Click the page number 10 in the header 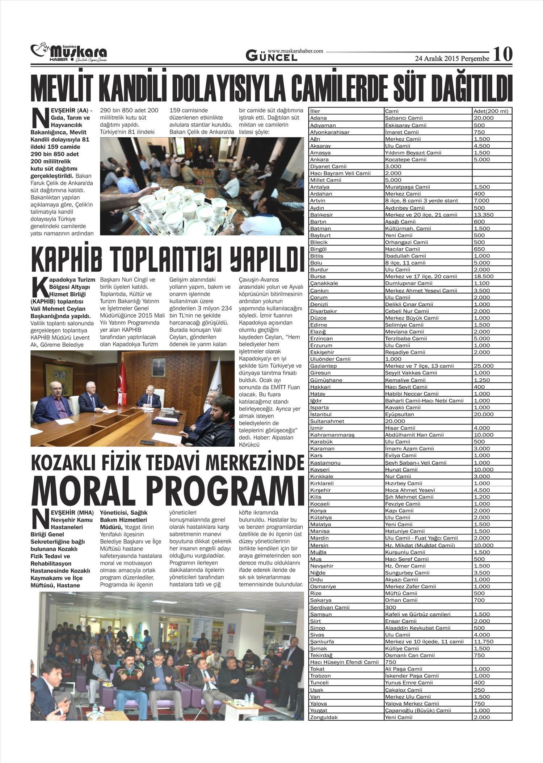pos(503,54)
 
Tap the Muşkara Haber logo pos(69,53)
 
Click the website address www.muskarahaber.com pos(295,51)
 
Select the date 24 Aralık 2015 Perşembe pos(452,58)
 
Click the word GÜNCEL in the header pos(271,56)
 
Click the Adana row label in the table pos(319,118)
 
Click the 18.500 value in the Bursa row pos(484,276)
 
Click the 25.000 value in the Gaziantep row pos(484,366)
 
